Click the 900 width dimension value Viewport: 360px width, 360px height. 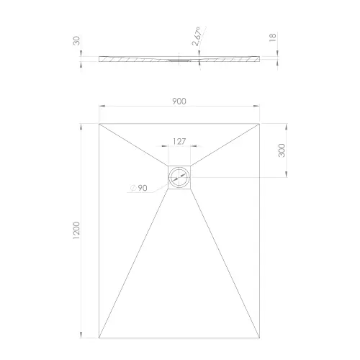click(x=179, y=102)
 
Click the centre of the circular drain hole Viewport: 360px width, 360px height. click(x=180, y=177)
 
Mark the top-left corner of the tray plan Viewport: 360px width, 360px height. click(x=99, y=122)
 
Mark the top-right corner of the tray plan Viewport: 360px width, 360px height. click(x=261, y=122)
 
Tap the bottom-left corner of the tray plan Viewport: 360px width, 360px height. click(x=99, y=338)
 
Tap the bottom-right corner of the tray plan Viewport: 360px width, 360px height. click(x=261, y=338)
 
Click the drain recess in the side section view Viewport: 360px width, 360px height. click(x=180, y=61)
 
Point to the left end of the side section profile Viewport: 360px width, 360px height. click(x=99, y=60)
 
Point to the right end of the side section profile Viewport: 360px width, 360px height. click(x=260, y=60)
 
